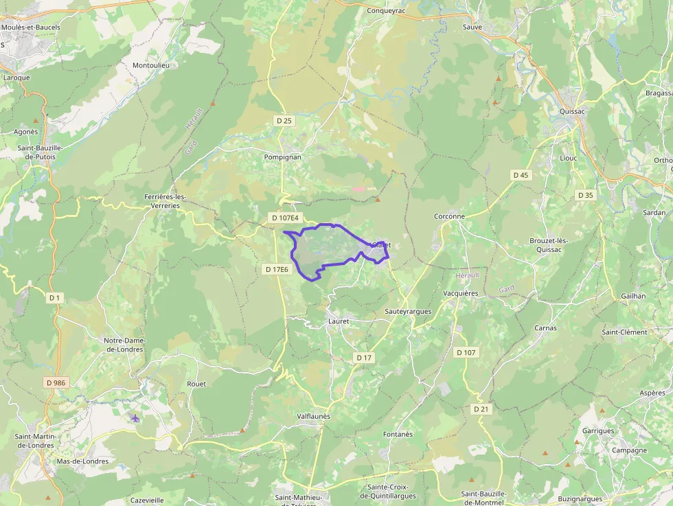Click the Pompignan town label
click(282, 157)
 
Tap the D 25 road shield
click(284, 121)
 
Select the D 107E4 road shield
click(285, 218)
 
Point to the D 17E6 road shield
click(277, 270)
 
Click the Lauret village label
click(339, 321)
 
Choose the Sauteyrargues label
click(408, 311)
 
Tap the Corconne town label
click(449, 216)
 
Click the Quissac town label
click(572, 111)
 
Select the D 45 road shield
click(521, 175)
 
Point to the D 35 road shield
click(585, 195)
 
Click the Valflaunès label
click(313, 416)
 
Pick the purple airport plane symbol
click(135, 418)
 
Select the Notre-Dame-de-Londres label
click(124, 345)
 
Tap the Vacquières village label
click(460, 293)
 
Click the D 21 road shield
click(481, 409)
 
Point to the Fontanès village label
click(398, 434)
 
